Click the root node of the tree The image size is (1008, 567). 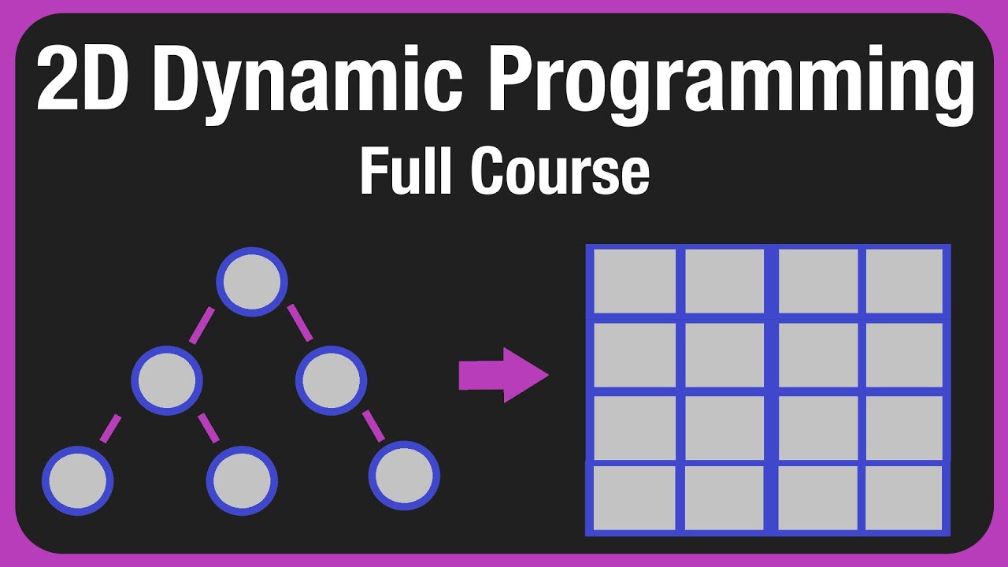tap(252, 281)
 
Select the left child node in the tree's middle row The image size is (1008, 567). tap(167, 380)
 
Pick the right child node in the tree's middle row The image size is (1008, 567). tap(331, 380)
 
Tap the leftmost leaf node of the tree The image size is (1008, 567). tap(77, 480)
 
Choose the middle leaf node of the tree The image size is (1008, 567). tap(242, 480)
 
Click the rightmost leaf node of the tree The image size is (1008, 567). tap(404, 475)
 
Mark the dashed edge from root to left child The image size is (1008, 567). tap(202, 325)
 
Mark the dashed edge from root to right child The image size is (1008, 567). tap(300, 323)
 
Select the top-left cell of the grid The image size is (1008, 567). tap(634, 281)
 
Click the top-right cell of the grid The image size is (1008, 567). tap(903, 281)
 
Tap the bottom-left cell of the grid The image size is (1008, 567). tap(634, 498)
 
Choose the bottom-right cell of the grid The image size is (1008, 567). tap(903, 498)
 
